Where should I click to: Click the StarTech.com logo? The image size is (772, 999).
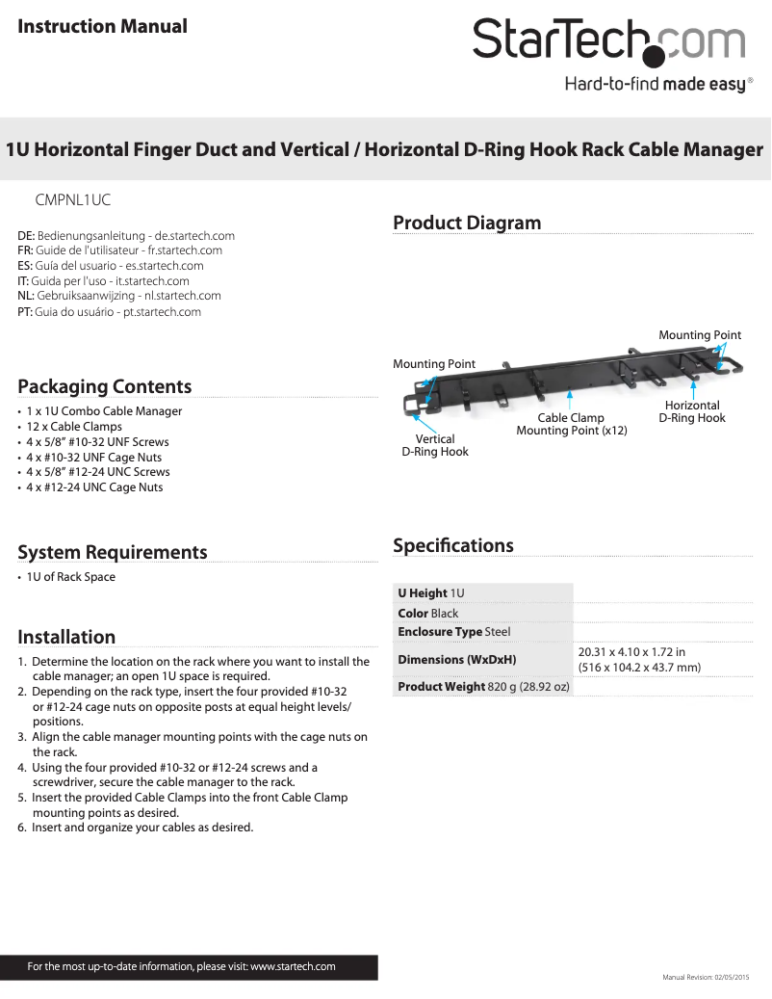pyautogui.click(x=608, y=40)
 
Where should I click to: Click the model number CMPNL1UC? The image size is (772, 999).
pyautogui.click(x=73, y=200)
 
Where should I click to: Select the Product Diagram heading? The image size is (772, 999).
pyautogui.click(x=467, y=223)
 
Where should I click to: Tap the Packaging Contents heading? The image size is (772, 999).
pyautogui.click(x=105, y=386)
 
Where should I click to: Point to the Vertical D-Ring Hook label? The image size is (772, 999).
pyautogui.click(x=435, y=445)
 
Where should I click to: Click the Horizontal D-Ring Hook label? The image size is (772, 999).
pyautogui.click(x=692, y=411)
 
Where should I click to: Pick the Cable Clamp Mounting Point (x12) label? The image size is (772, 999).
pyautogui.click(x=571, y=424)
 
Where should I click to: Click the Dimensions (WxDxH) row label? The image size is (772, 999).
pyautogui.click(x=457, y=660)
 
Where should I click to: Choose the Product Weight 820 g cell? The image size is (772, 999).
pyautogui.click(x=484, y=687)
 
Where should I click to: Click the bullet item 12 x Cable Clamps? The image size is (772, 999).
pyautogui.click(x=74, y=426)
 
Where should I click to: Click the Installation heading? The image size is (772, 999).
pyautogui.click(x=66, y=637)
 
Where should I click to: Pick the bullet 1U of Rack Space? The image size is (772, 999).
pyautogui.click(x=70, y=577)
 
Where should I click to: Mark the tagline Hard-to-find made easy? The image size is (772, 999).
pyautogui.click(x=655, y=85)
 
